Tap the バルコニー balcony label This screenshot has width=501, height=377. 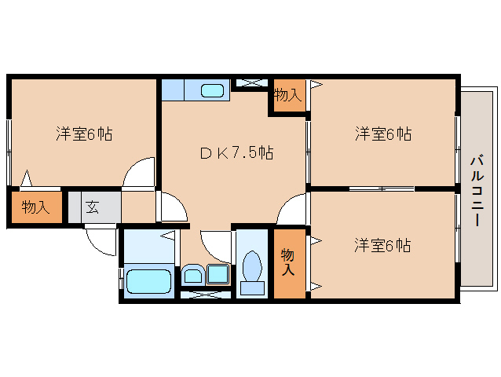click(x=476, y=191)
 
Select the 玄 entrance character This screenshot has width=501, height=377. click(x=93, y=208)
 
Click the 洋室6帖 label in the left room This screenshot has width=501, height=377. click(x=84, y=134)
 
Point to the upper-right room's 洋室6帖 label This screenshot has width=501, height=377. click(x=382, y=134)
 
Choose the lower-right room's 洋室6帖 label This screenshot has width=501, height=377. click(x=382, y=245)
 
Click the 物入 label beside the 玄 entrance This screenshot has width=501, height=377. click(x=35, y=208)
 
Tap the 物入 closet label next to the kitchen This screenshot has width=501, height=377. click(x=287, y=96)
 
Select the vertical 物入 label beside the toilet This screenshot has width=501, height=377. click(x=287, y=262)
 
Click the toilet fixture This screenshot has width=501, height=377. click(x=252, y=271)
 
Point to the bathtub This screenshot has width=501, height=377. click(x=148, y=280)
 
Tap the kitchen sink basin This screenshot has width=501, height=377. click(x=212, y=90)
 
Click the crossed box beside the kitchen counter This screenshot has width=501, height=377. click(x=251, y=82)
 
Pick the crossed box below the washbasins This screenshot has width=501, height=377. click(x=206, y=295)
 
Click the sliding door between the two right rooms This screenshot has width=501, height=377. click(x=382, y=188)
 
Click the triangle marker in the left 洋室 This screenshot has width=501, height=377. click(x=26, y=178)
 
